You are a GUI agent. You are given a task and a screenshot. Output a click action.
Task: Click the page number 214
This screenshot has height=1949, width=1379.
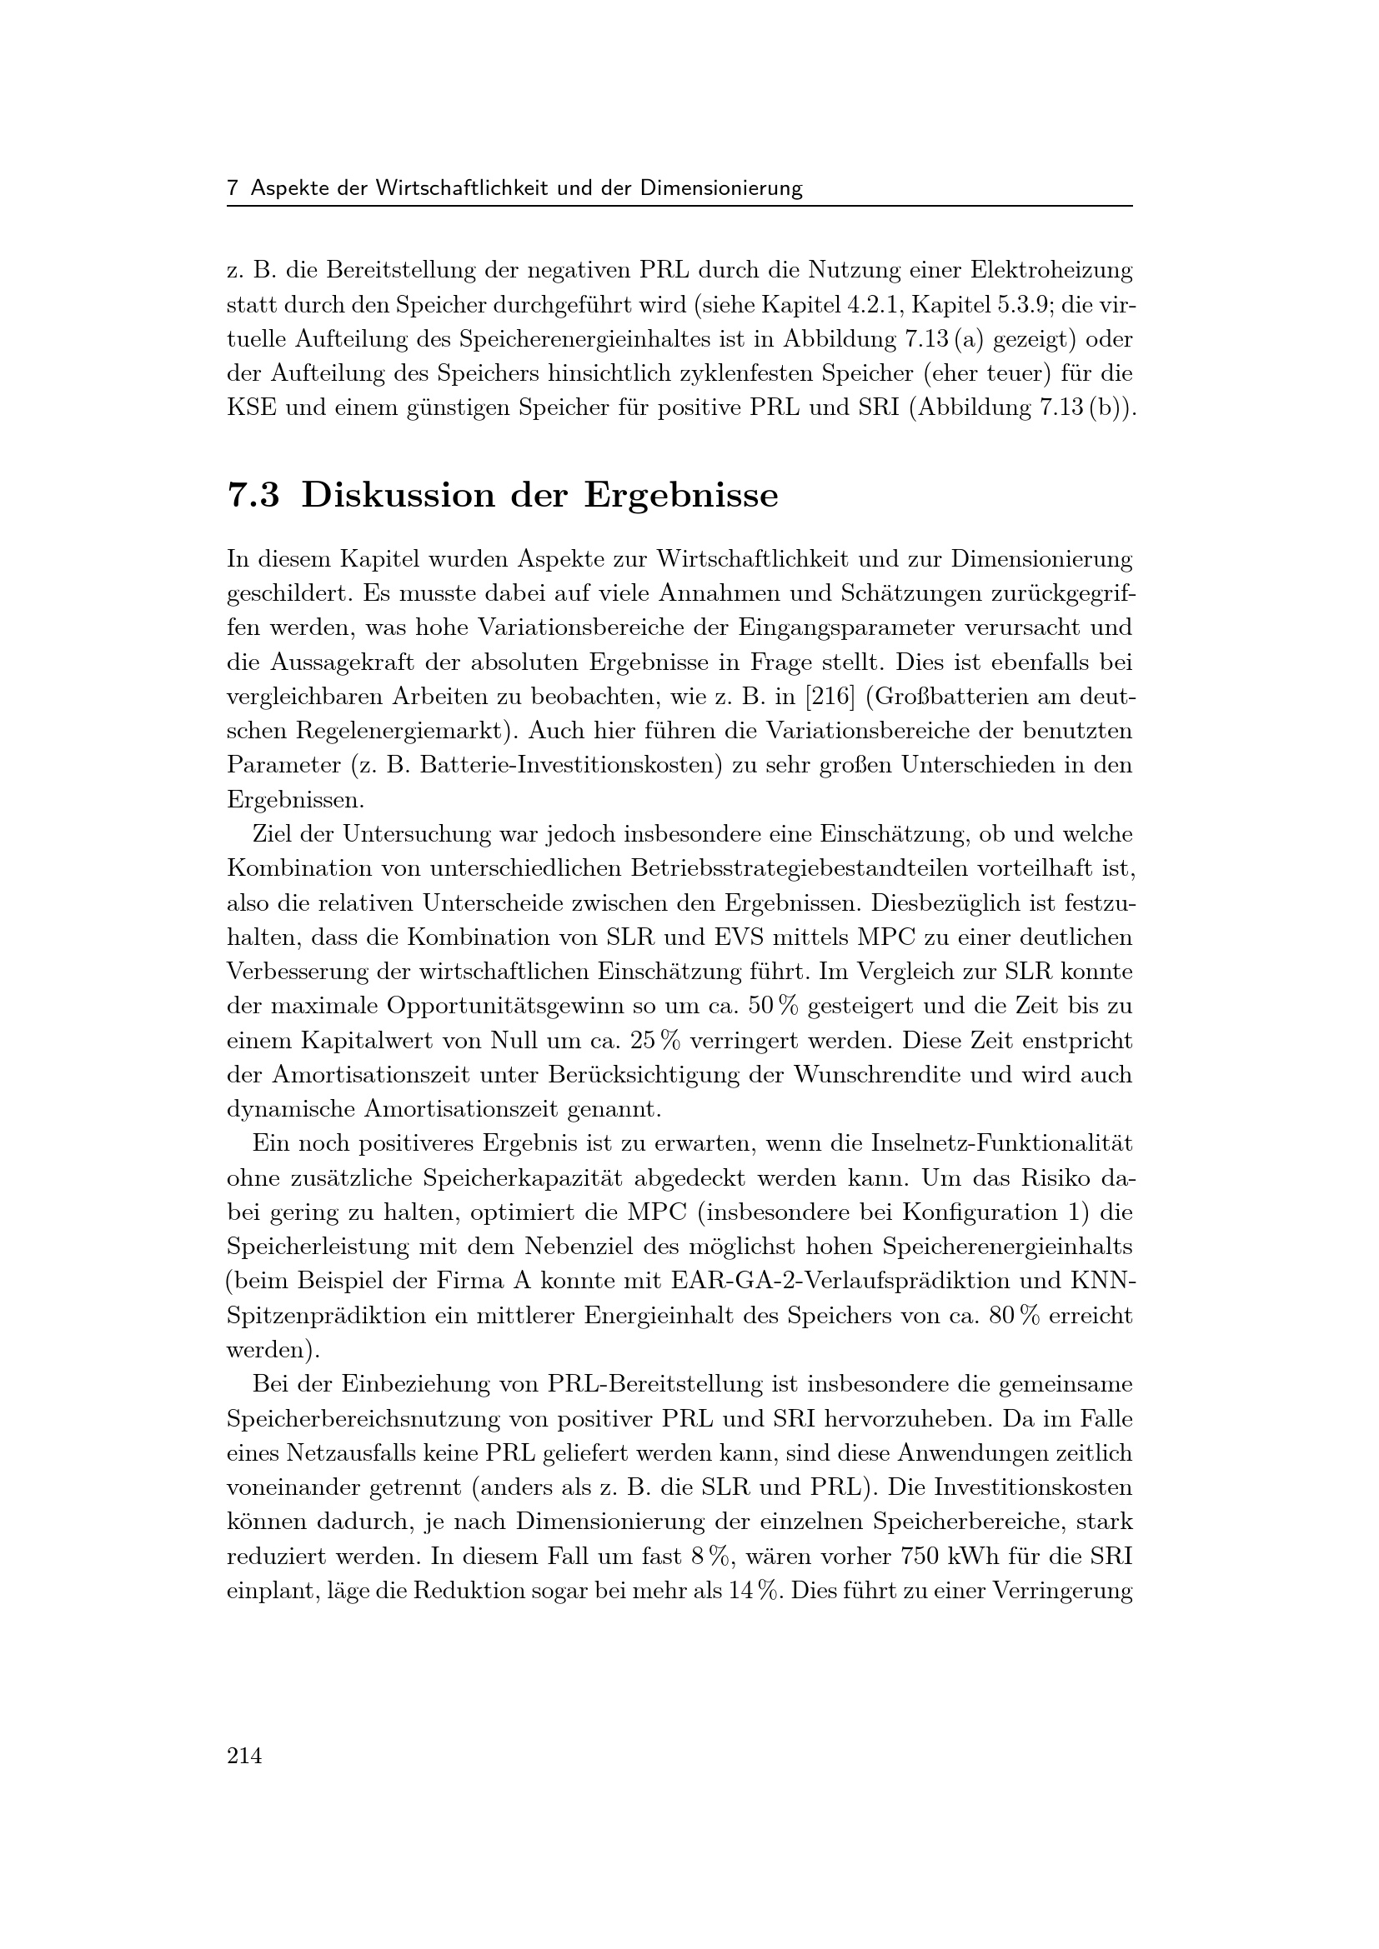[244, 1755]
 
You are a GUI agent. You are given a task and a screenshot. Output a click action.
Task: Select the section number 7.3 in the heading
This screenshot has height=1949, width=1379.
[253, 496]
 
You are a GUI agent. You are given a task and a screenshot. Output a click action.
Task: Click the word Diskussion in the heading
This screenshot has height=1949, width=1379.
[398, 496]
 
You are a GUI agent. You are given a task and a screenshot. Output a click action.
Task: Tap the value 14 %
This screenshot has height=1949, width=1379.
[754, 1592]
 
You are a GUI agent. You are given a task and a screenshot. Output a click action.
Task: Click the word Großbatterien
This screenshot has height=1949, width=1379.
[970, 697]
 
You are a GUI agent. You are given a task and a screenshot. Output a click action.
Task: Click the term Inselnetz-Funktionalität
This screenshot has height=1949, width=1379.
[1002, 1143]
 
